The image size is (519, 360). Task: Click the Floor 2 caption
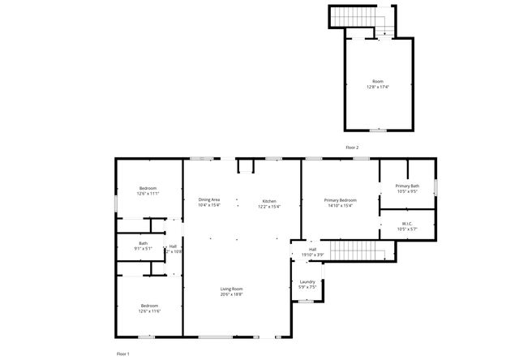coord(351,148)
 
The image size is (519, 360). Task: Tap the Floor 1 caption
coord(122,354)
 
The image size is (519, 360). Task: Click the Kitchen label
coord(269,200)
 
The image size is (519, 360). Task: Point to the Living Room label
coord(232,289)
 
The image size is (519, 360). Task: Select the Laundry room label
coord(307,281)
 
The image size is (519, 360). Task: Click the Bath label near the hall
coord(143,243)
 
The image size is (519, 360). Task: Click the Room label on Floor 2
coord(377,81)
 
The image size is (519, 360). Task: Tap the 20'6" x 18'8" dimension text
coord(232,294)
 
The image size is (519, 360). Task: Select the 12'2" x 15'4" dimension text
coord(269,206)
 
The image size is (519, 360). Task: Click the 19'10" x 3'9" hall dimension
coord(313,255)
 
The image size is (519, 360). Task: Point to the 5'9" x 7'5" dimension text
coord(307,287)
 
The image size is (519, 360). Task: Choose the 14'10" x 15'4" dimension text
coord(340,205)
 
